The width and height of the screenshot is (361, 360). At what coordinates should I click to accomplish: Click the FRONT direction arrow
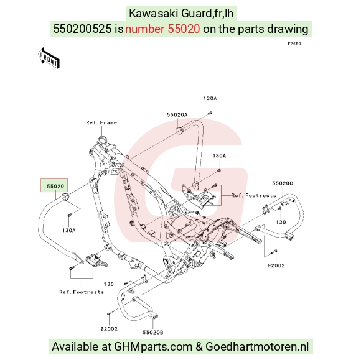click(x=49, y=58)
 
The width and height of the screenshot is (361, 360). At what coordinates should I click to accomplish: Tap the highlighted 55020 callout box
click(x=54, y=185)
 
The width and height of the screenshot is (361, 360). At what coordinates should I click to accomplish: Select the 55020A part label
click(x=177, y=115)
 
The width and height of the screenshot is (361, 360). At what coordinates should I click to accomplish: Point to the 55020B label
click(x=153, y=332)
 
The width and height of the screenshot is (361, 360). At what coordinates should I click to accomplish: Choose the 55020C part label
click(x=282, y=183)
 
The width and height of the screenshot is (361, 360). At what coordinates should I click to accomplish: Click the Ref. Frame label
click(x=101, y=122)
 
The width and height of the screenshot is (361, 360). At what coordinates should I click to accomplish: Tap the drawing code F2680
click(x=294, y=44)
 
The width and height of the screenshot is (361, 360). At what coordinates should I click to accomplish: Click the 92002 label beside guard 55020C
click(x=276, y=265)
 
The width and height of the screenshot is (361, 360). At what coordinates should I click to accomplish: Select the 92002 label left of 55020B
click(x=109, y=329)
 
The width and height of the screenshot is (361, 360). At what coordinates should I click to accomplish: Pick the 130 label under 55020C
click(x=281, y=222)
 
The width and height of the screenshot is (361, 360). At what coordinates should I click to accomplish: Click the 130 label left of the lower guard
click(x=109, y=284)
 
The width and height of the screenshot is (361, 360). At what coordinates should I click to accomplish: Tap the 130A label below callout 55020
click(x=69, y=230)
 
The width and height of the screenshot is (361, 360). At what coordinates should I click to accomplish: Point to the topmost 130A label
click(x=210, y=98)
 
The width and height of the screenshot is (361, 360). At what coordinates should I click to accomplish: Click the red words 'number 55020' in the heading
click(x=162, y=29)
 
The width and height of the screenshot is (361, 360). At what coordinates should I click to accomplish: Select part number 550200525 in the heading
click(x=82, y=29)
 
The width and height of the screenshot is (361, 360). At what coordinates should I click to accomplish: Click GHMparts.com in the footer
click(x=153, y=347)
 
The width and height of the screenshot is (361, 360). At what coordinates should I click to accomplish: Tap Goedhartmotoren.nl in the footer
click(x=257, y=346)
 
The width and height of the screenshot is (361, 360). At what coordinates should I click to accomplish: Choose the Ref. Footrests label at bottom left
click(x=82, y=292)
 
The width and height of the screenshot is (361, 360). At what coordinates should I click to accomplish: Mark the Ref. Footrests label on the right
click(x=253, y=195)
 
